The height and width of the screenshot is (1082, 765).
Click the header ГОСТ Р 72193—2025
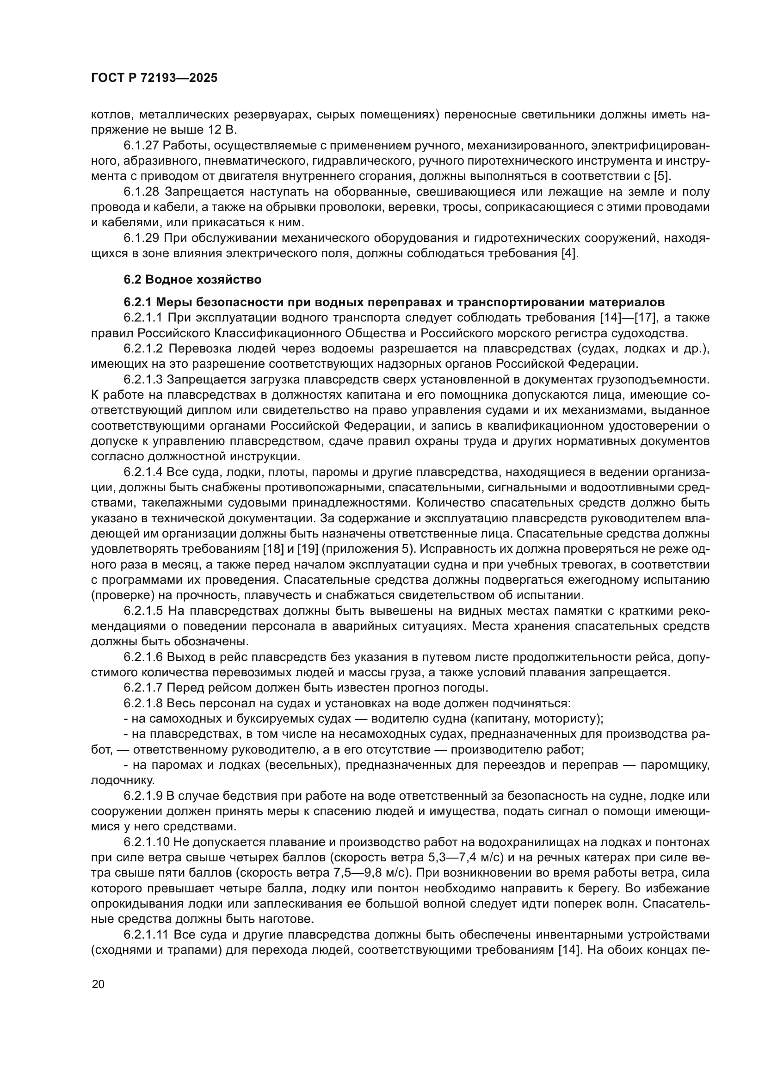tap(154, 78)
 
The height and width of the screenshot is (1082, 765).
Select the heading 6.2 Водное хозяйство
tap(192, 279)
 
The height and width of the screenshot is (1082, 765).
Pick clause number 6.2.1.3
tap(144, 379)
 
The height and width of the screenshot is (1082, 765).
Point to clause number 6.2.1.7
tap(144, 687)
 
